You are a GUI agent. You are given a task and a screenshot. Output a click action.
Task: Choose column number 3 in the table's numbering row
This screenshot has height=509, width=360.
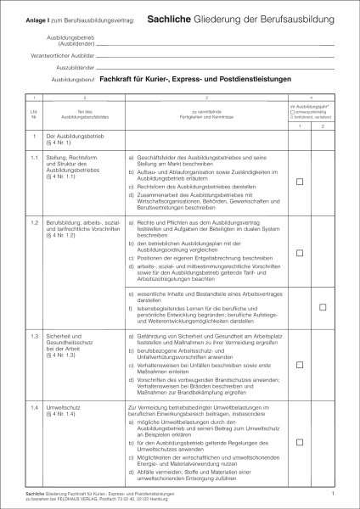[205, 98]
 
